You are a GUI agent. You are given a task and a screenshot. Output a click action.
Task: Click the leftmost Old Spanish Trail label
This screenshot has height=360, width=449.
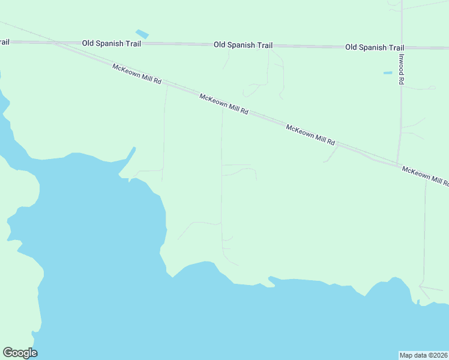pos(110,44)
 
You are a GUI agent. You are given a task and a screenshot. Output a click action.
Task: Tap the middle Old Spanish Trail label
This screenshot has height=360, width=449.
pos(244,46)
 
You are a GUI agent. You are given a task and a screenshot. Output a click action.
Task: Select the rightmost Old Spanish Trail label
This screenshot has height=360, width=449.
pos(375,47)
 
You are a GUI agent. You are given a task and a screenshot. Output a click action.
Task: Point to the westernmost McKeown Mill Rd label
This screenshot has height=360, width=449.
pos(137,74)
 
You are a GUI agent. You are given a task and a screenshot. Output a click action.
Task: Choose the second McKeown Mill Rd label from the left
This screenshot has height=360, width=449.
pos(224,104)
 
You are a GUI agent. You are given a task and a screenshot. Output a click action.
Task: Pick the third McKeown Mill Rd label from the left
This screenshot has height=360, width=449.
pos(310,134)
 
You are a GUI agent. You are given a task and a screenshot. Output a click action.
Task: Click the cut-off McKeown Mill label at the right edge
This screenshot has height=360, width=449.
pos(425,176)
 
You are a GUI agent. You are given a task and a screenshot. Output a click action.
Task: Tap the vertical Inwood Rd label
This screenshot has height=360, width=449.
pos(401,70)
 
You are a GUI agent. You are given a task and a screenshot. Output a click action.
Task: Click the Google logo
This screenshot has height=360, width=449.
pos(20,353)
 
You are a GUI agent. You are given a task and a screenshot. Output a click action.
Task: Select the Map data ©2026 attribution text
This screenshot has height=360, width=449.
pos(423,355)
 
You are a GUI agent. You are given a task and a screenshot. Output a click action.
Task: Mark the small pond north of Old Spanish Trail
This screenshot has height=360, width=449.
pos(142,34)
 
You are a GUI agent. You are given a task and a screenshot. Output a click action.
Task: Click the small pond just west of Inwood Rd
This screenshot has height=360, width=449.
pos(388,73)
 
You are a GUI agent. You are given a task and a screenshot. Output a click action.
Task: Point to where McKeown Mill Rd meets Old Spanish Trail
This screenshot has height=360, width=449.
pos(56,43)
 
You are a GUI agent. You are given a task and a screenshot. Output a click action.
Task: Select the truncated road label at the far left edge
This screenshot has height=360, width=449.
pos(4,42)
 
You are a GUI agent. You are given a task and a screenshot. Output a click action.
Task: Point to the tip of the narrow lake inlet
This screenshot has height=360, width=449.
pos(134,148)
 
